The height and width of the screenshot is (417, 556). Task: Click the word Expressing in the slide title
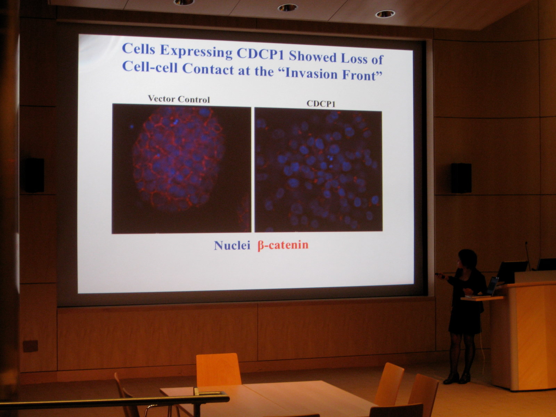click(196, 51)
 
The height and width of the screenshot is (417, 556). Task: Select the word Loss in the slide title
click(354, 58)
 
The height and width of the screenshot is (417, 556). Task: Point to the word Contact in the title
click(208, 68)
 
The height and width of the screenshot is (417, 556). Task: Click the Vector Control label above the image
click(179, 99)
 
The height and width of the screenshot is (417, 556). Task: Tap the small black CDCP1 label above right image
click(321, 104)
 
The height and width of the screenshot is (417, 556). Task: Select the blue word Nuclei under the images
click(232, 245)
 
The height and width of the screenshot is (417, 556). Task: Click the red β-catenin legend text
click(283, 245)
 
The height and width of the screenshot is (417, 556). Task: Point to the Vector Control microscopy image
click(181, 169)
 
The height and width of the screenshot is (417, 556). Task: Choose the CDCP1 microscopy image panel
click(318, 169)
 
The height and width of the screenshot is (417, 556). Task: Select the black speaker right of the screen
click(461, 178)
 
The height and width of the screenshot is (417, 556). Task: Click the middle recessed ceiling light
click(287, 8)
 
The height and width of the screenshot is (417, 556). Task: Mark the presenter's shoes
click(457, 378)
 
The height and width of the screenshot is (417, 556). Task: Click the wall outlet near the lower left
click(30, 346)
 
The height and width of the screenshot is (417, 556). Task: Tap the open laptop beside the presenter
click(493, 286)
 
